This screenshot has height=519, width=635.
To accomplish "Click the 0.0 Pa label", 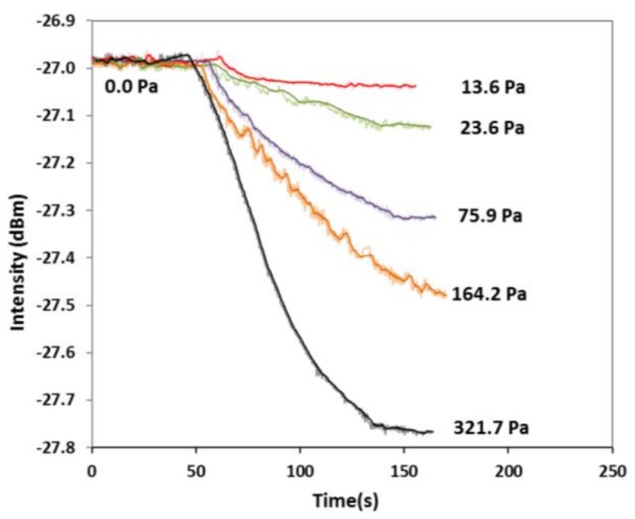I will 134,86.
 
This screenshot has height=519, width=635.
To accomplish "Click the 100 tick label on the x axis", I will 300,470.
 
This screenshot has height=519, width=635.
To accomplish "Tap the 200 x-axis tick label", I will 508,470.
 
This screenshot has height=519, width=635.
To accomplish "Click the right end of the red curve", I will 415,86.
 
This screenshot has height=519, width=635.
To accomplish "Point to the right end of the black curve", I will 433,432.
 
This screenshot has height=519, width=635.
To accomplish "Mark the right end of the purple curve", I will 435,218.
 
